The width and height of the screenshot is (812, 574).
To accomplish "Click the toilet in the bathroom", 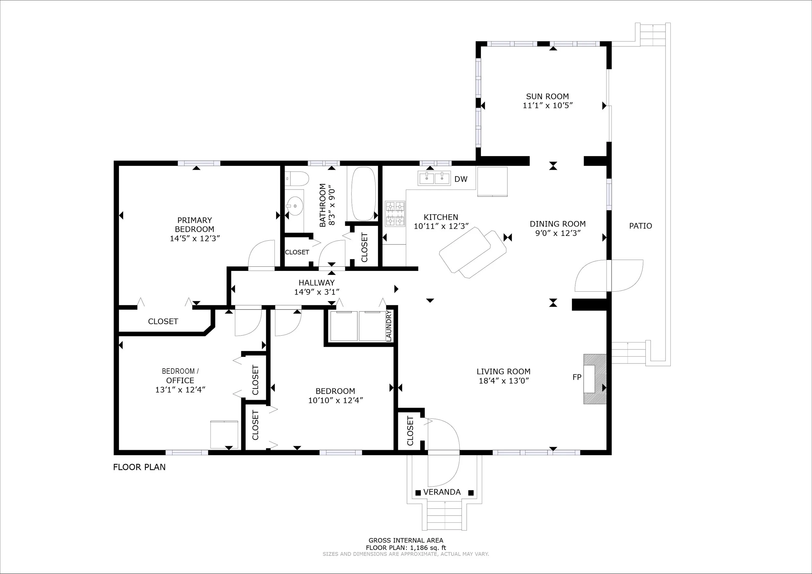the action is point(297,179).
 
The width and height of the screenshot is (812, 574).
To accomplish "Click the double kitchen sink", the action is point(434,178).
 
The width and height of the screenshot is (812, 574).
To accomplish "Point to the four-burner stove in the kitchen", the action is point(395,214).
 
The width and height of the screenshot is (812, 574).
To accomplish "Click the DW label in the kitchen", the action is point(461,179).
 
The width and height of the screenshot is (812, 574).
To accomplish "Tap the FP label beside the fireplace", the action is point(577,377).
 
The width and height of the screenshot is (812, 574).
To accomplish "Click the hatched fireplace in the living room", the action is point(595,379).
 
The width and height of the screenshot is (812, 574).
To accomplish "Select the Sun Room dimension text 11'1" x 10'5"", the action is point(547,105).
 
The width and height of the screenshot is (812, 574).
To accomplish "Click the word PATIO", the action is point(641,226).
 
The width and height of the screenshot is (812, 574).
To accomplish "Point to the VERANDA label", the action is point(442,492).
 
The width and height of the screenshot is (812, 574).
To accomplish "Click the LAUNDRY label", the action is point(389,325).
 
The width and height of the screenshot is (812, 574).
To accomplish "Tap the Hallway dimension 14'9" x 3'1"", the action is point(317,292).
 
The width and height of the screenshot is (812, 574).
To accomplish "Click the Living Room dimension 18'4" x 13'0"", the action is point(503,381).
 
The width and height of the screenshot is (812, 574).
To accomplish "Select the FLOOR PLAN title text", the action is point(139,467).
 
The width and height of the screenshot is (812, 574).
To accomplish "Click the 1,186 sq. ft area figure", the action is point(428,548).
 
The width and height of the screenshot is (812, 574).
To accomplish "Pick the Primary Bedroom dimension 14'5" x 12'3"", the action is point(195,238).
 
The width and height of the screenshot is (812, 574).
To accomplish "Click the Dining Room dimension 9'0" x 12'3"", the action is point(558,233).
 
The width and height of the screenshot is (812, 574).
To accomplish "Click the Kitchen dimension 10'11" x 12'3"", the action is point(441,226).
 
